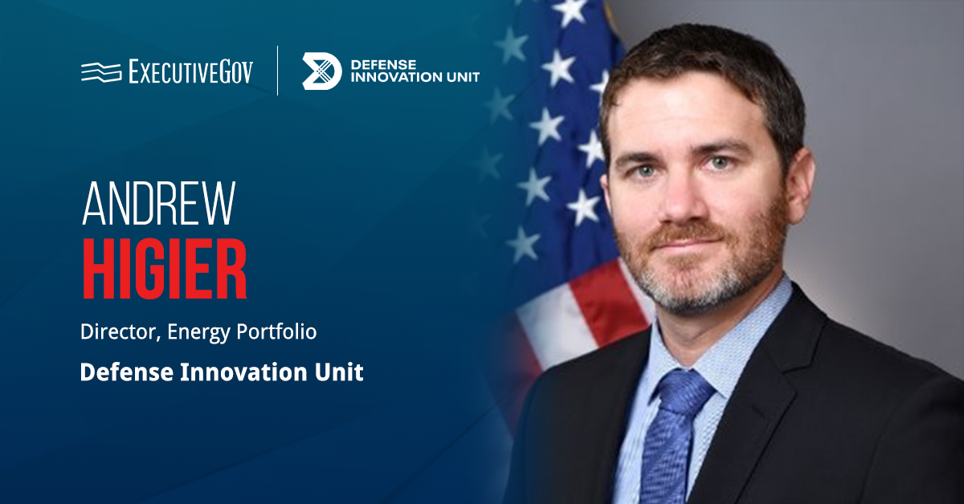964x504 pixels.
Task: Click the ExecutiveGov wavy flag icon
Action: [100, 72]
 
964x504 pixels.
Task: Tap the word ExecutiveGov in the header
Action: [190, 72]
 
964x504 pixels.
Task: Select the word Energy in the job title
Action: [197, 332]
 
